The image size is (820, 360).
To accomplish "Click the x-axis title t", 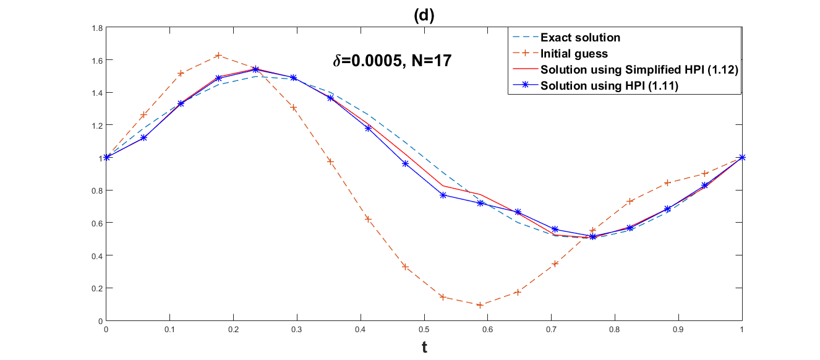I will click(x=424, y=348).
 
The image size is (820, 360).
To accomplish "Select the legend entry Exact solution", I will click(x=580, y=38).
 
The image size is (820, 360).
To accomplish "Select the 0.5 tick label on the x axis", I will click(x=424, y=329).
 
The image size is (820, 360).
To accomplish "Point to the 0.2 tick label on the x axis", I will click(x=233, y=329).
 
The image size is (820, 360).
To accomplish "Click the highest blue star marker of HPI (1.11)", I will click(x=255, y=69).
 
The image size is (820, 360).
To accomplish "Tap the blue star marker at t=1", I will click(x=742, y=157).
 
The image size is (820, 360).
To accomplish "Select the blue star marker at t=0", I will click(x=106, y=157).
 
